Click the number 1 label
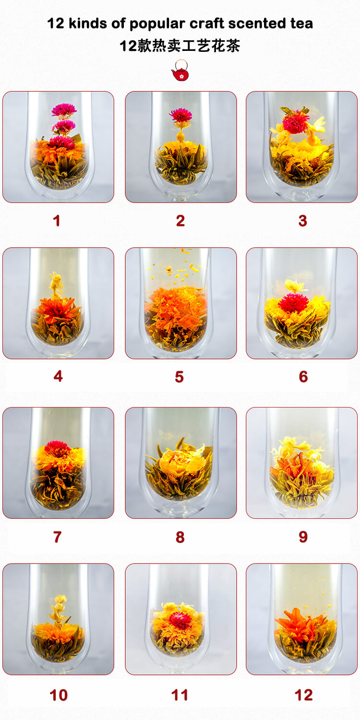57,221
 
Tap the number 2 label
180,221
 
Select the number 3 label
302,221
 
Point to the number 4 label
58,376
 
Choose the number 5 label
179,377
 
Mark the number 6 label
303,377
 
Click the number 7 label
58,537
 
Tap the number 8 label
180,537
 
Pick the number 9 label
303,537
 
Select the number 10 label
59,695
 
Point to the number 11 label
180,695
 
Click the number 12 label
304,695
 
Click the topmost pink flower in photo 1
64,110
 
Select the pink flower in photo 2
180,115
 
